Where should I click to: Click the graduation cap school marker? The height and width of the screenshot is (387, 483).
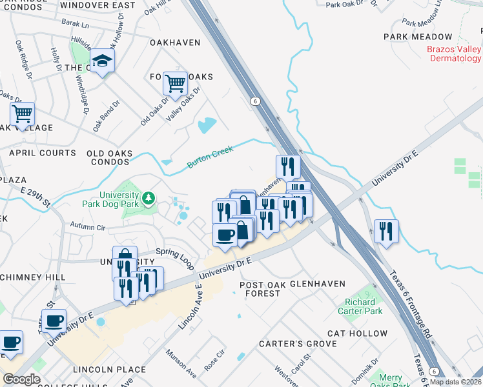(101, 61)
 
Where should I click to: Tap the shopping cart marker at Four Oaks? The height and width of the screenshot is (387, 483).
(176, 83)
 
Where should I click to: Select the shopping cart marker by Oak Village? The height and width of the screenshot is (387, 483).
(23, 114)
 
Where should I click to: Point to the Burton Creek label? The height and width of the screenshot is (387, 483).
(210, 156)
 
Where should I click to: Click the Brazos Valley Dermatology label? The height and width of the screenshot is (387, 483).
(454, 54)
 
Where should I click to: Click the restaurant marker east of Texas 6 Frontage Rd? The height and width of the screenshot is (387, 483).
(386, 232)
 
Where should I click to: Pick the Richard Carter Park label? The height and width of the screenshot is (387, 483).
(360, 306)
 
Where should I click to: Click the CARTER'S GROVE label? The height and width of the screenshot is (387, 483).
(298, 344)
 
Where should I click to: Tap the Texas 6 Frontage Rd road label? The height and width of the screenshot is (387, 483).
(410, 303)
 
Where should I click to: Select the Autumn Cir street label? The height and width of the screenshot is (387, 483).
(87, 228)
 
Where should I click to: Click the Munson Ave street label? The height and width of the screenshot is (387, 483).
(181, 364)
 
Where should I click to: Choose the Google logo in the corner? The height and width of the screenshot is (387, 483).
(21, 379)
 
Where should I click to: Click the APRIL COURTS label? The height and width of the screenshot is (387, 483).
(42, 153)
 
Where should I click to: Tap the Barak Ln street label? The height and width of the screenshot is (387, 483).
(76, 24)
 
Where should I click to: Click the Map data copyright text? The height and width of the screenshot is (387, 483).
(455, 382)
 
